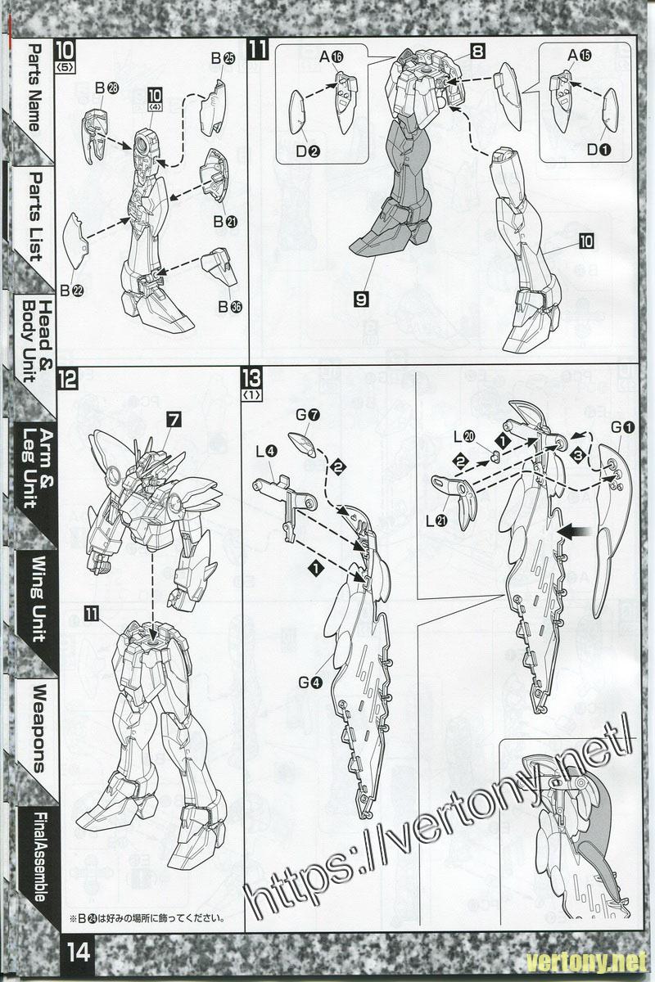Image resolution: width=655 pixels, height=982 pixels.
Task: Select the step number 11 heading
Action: point(258,50)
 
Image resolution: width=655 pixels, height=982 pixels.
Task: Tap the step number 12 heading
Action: point(68,379)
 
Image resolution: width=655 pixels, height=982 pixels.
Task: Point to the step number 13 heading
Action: point(251,379)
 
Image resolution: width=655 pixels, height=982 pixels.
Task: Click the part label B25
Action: point(223,58)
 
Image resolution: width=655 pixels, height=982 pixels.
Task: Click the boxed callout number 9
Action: point(361,300)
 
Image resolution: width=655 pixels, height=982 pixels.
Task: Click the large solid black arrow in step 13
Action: point(576,531)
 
